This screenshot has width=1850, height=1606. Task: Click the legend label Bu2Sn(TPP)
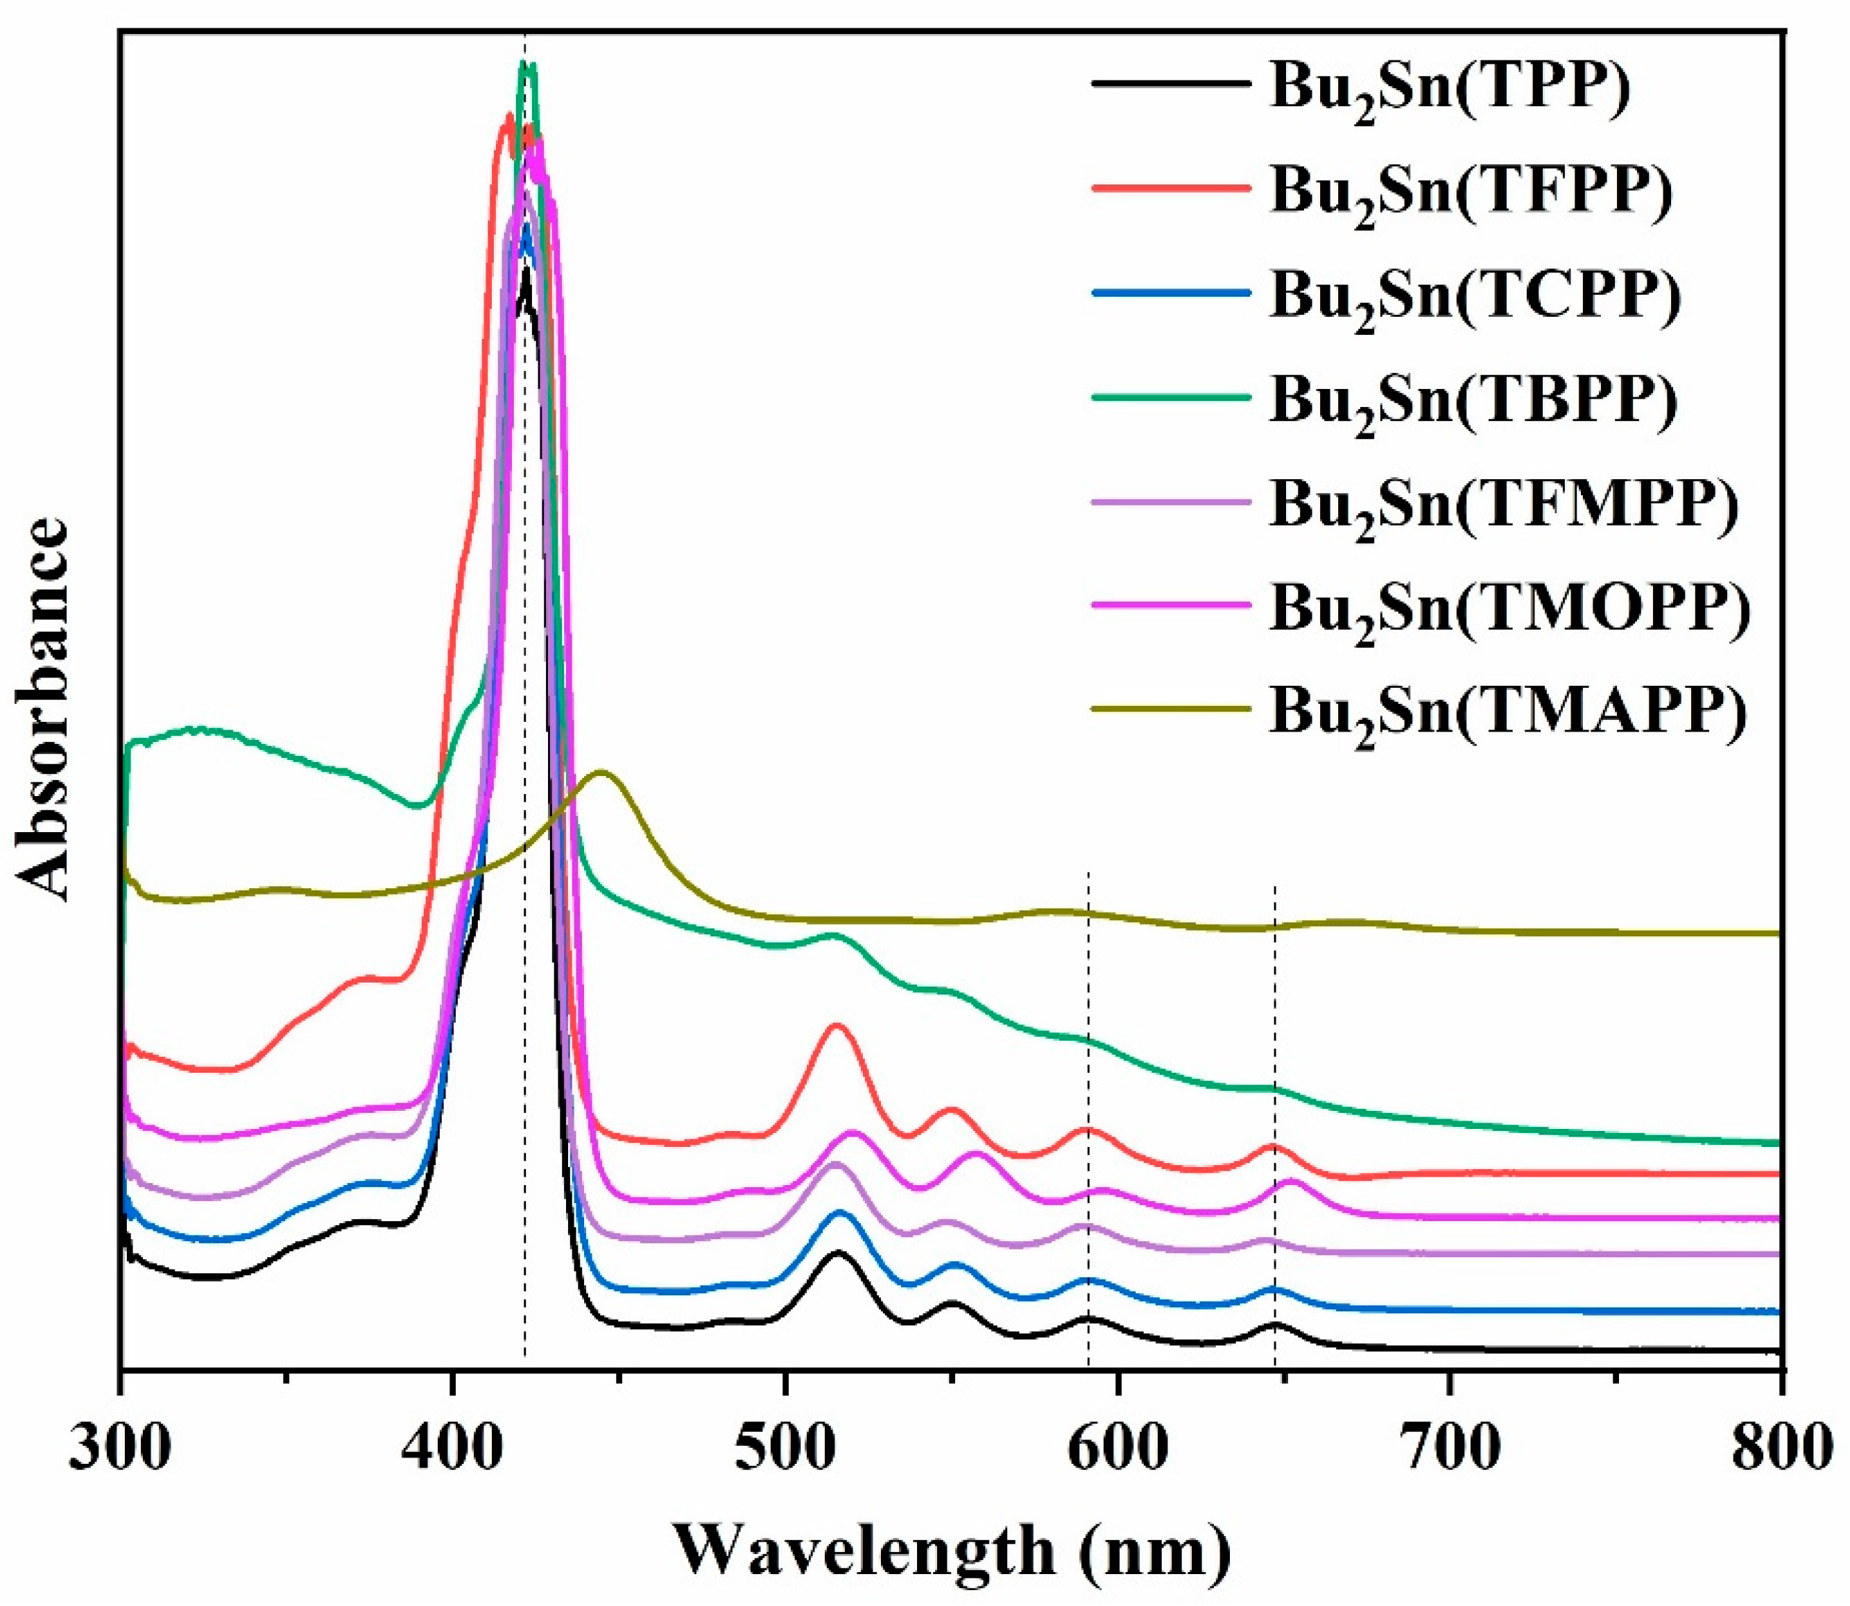coord(1449,89)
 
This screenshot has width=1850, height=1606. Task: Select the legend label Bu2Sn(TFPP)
coord(1471,193)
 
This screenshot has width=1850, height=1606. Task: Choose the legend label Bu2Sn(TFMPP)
coord(1504,506)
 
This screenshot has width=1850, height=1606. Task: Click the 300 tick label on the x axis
coord(119,1450)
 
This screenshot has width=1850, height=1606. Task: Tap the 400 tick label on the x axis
coord(453,1450)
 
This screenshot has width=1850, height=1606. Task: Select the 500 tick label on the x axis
coord(785,1450)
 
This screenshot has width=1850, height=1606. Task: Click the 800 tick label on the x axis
coord(1779,1450)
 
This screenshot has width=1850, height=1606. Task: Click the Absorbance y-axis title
coord(43,708)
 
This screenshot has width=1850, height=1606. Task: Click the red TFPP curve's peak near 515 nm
coord(837,1024)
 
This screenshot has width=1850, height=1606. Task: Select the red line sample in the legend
coord(1170,188)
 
